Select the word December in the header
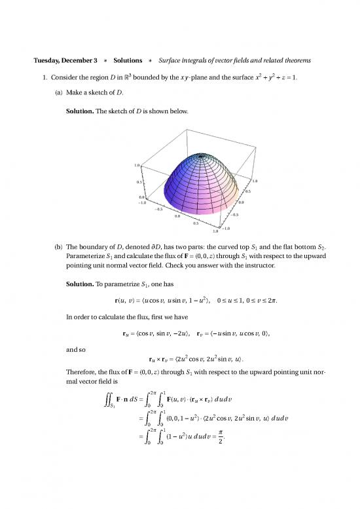pyautogui.click(x=81, y=61)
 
